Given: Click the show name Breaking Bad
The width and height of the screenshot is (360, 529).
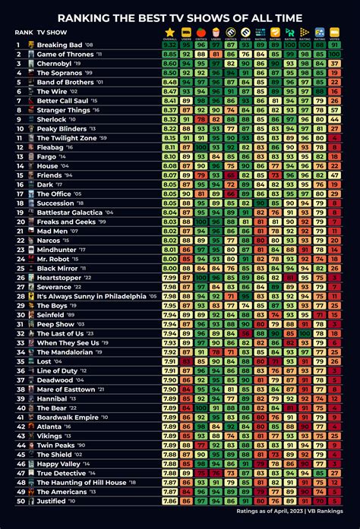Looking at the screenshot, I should point(59,45).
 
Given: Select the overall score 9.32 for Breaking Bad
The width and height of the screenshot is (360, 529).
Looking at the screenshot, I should point(170,45).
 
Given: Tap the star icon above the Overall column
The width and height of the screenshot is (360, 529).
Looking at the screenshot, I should point(170,33).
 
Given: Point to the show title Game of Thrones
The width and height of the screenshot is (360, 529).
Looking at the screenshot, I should point(65,55).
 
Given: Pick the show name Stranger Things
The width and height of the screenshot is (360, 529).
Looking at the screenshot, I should point(62,110).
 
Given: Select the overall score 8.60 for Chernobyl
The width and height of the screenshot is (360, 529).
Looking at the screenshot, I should point(170,64).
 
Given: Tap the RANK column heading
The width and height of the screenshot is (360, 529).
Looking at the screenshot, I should point(21,33).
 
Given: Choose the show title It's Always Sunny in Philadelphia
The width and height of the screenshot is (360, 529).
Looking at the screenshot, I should point(92,297).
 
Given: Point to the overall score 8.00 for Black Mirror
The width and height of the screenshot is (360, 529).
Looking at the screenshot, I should point(170,269).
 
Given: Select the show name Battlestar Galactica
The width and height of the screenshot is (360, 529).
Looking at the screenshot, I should point(70,213).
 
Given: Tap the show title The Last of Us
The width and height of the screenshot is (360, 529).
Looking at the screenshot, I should point(60,334).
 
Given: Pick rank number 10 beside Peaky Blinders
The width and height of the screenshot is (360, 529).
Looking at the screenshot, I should point(18,129).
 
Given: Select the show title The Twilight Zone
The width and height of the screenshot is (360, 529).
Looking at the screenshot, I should point(68,138).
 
